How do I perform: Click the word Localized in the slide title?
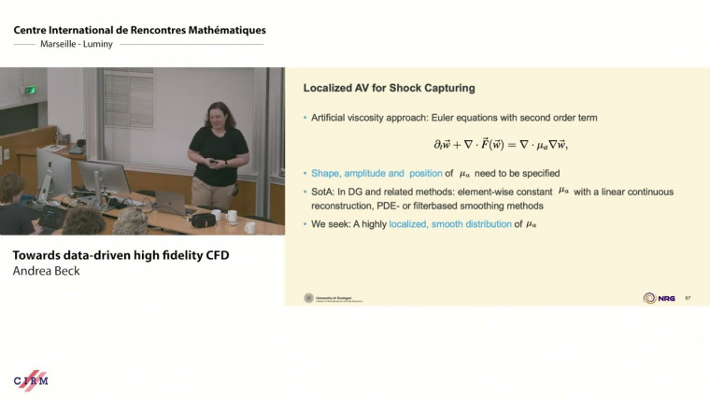[x=327, y=88]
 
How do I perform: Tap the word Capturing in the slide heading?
[x=445, y=88]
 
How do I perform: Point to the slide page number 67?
[x=688, y=298]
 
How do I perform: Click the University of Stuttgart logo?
[x=309, y=298]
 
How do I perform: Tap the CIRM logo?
[x=30, y=379]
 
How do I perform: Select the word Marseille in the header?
[x=60, y=44]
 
